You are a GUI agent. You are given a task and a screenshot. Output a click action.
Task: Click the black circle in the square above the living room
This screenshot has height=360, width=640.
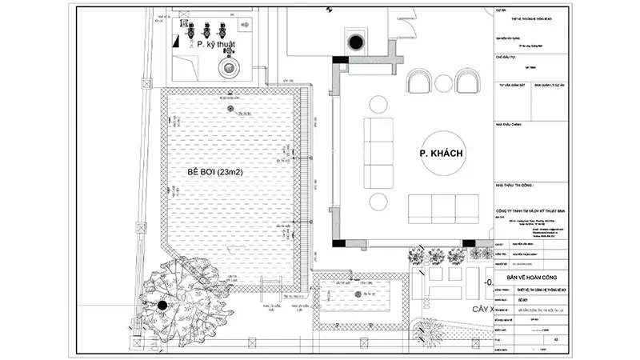[353, 42]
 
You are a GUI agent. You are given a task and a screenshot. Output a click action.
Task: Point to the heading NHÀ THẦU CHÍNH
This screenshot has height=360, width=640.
[510, 125]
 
